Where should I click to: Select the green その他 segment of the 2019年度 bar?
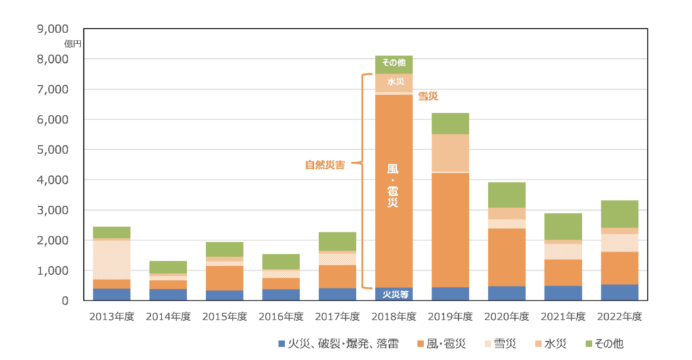[450, 123]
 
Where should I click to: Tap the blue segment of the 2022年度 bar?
[619, 292]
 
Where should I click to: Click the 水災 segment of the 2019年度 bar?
[450, 153]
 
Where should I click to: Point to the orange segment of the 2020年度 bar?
[506, 257]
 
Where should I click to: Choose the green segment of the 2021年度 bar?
[563, 226]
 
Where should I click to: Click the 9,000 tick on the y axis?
[55, 29]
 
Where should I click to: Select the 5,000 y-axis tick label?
[55, 150]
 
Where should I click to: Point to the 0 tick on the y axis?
[65, 301]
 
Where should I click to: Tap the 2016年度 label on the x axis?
[280, 315]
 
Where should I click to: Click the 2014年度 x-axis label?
[168, 315]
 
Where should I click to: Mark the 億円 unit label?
[73, 43]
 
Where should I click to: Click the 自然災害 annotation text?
[324, 164]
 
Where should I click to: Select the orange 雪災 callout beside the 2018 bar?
[428, 97]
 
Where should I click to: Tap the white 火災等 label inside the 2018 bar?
[394, 294]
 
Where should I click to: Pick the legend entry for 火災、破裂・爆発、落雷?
[338, 344]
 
